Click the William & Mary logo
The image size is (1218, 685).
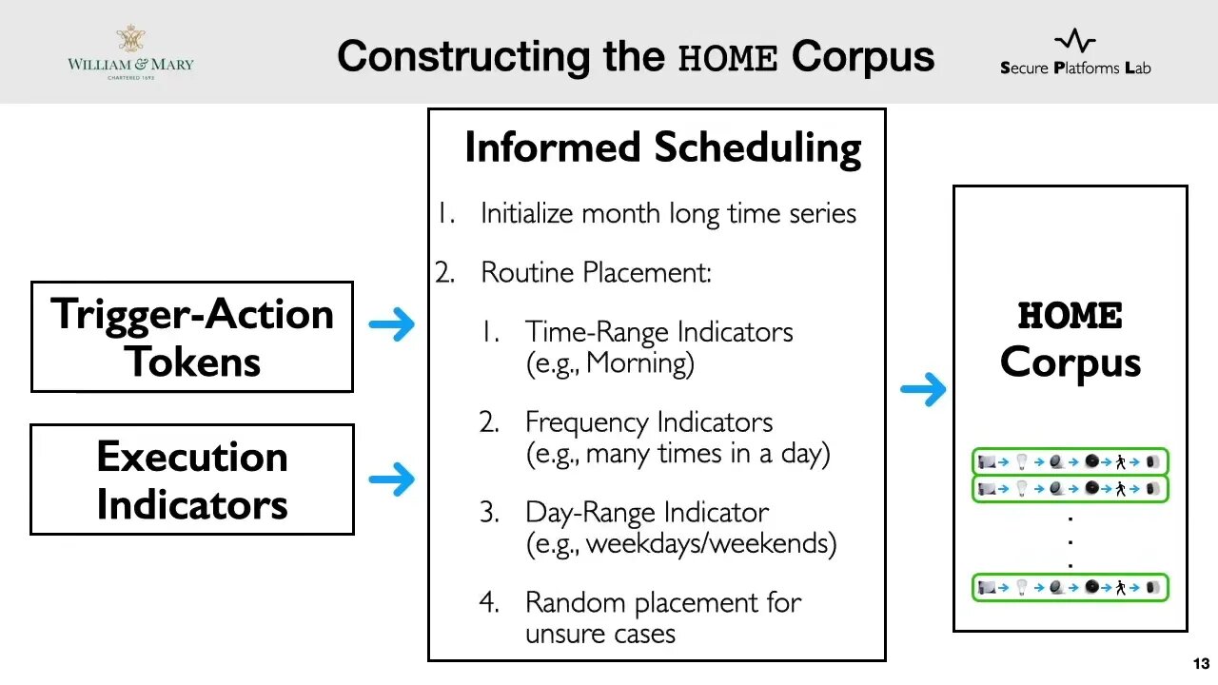coord(130,52)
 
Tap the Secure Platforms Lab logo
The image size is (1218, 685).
coord(1075,53)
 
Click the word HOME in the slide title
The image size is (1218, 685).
coord(727,57)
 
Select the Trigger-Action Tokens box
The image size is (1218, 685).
coord(192,337)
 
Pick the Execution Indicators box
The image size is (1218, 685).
coord(192,479)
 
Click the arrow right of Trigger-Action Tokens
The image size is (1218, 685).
coord(391,325)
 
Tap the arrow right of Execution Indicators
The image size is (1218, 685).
coord(391,479)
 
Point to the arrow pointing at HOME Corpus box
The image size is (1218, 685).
coord(922,388)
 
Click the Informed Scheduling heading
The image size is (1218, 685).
coord(662,147)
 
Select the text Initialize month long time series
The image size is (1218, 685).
coord(668,213)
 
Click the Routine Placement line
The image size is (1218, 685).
coord(596,273)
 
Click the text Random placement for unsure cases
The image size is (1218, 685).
coord(662,617)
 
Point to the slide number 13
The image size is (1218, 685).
coord(1200,663)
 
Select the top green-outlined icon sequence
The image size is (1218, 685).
coord(1070,462)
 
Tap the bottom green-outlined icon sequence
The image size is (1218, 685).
coord(1070,588)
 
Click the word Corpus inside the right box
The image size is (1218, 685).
coord(1071,362)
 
